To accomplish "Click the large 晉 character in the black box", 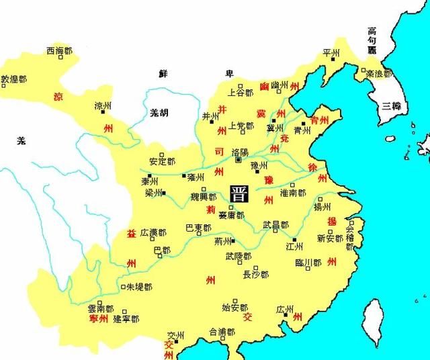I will [238, 194].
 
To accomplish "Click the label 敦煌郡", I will [13, 79].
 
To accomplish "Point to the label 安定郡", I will [163, 162].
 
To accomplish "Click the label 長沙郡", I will [255, 275].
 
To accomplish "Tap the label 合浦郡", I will [222, 332].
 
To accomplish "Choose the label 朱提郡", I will [139, 287].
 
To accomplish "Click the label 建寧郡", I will [126, 318].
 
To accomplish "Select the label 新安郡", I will [330, 238].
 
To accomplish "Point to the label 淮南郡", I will [293, 193].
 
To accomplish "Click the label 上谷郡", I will [241, 93].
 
